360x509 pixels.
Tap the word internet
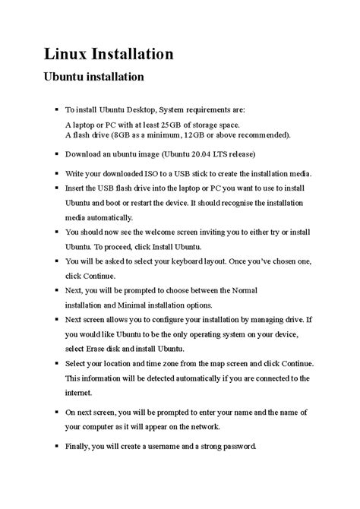(x=83, y=392)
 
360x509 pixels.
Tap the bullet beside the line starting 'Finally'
(x=57, y=446)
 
